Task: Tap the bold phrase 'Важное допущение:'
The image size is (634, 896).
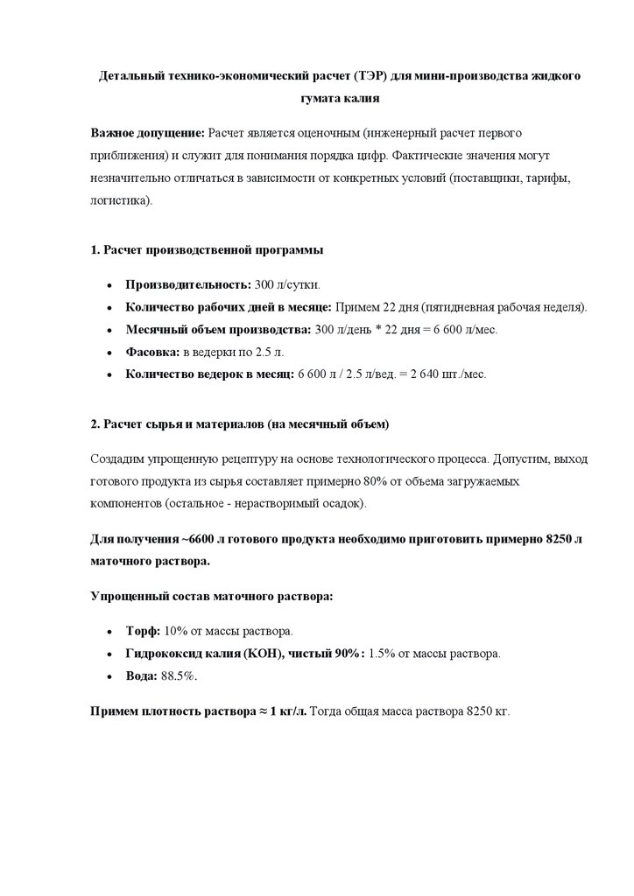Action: [x=146, y=132]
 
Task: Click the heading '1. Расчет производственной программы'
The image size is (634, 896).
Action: [x=207, y=250]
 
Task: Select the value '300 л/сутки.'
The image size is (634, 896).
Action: [x=286, y=285]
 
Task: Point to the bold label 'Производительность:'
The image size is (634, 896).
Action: [x=187, y=285]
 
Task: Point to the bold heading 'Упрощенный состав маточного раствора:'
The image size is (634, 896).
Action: [x=211, y=595]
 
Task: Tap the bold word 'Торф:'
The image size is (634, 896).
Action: [x=144, y=631]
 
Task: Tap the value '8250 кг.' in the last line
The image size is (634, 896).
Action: [x=486, y=710]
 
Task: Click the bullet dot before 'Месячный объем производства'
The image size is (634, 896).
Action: [x=108, y=330]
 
